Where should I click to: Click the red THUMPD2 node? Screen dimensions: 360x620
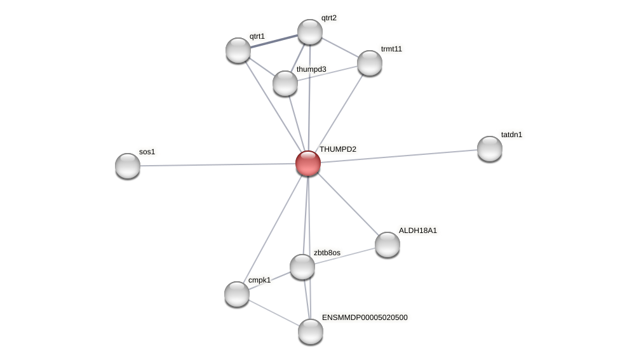pos(308,163)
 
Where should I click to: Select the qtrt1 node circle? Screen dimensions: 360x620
pos(238,50)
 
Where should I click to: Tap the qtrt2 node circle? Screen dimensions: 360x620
pos(310,32)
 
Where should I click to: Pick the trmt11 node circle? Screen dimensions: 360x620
pos(370,63)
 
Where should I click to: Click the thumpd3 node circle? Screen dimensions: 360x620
pos(285,83)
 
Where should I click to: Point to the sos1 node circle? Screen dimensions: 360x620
pos(128,166)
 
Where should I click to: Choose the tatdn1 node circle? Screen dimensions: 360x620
pos(490,149)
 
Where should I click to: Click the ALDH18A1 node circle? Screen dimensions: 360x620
pos(387,244)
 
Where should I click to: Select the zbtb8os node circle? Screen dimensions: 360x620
pos(302,267)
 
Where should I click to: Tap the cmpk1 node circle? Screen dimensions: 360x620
pos(237,294)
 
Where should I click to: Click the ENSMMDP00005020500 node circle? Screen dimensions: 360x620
pos(311,331)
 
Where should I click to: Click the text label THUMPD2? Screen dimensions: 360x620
pos(338,149)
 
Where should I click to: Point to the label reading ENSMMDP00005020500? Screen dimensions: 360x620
pos(365,317)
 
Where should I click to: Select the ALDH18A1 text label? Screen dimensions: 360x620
pos(417,230)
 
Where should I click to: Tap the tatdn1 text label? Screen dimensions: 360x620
pos(511,135)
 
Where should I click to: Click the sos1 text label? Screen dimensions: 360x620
pos(147,152)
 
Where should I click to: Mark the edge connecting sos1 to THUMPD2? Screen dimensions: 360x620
pos(216,164)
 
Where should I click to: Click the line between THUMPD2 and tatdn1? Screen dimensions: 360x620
pos(400,156)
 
